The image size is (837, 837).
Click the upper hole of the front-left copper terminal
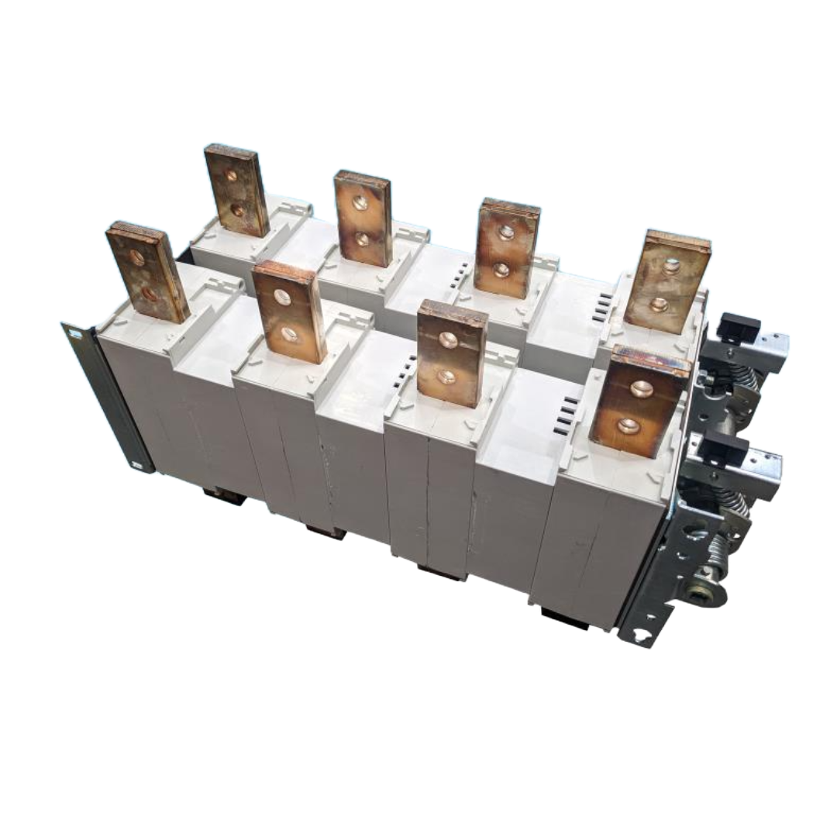(x=137, y=257)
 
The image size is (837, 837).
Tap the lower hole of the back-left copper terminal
(x=239, y=209)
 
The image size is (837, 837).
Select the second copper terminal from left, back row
(x=363, y=219)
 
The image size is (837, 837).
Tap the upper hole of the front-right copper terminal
(x=640, y=389)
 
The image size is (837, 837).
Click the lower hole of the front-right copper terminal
(x=629, y=425)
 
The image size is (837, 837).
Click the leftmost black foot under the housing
(x=224, y=495)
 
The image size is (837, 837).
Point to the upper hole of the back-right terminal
(x=671, y=265)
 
